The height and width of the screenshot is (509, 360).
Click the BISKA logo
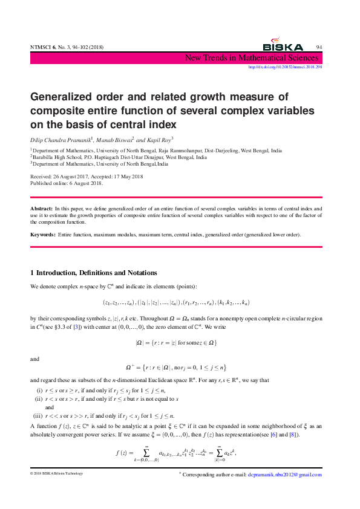[x=283, y=47]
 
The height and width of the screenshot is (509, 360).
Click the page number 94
[x=319, y=47]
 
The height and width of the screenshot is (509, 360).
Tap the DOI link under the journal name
[x=286, y=67]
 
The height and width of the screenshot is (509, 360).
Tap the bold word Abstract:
[x=41, y=208]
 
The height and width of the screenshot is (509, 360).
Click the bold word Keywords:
[x=44, y=233]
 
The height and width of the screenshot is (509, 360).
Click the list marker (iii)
[x=37, y=399]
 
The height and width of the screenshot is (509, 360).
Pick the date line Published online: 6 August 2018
[x=67, y=183]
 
